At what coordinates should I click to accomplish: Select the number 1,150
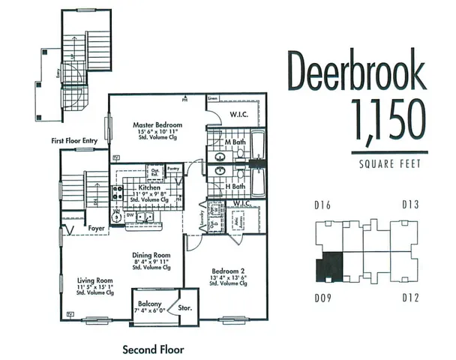[388, 121]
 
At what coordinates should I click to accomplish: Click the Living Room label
[94, 280]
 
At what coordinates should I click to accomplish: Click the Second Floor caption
[153, 349]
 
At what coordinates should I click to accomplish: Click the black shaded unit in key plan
[328, 266]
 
